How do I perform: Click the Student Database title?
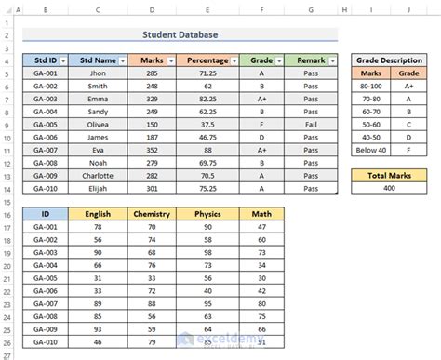tap(180, 35)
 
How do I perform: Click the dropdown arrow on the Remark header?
tap(330, 60)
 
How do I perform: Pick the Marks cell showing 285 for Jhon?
tap(153, 73)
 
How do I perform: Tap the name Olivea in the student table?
tap(98, 125)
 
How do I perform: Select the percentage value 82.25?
tap(208, 99)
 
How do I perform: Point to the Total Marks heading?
tap(392, 174)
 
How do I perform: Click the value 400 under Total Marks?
tap(392, 187)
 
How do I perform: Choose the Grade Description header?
tap(392, 60)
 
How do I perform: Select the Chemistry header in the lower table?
tap(152, 213)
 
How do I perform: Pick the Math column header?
tap(261, 213)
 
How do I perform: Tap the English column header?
tap(98, 213)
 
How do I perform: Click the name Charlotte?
tap(98, 176)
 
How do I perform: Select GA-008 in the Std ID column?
tap(43, 163)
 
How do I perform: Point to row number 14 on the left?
tap(7, 188)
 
